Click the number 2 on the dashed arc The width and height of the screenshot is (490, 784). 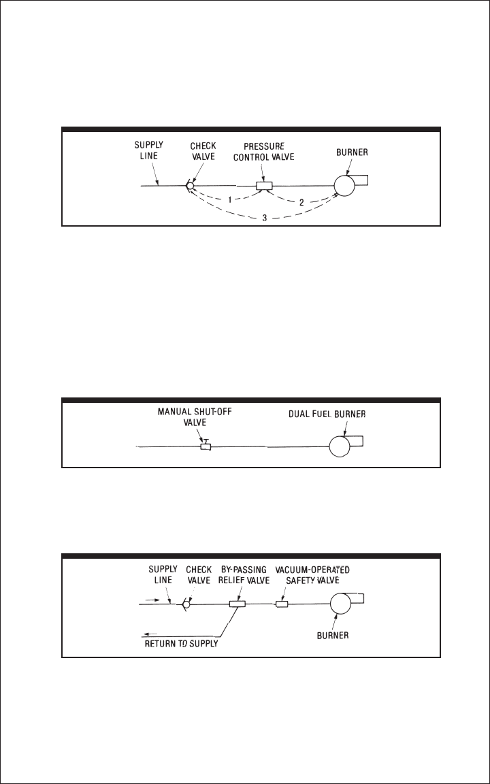click(x=301, y=202)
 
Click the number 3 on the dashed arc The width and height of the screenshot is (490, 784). click(x=265, y=217)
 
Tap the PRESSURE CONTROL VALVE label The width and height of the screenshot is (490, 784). click(x=263, y=152)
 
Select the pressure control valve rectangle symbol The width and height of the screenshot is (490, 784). click(x=263, y=186)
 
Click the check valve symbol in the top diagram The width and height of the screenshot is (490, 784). click(x=191, y=185)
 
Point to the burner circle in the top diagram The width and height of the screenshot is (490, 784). click(x=345, y=185)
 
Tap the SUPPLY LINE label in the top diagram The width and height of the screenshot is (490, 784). click(x=149, y=150)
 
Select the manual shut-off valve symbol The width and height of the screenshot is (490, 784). click(x=206, y=446)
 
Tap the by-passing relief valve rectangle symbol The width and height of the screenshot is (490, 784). click(x=238, y=603)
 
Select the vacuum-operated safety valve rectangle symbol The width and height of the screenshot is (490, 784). click(x=281, y=603)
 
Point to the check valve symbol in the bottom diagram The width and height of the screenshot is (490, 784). click(x=187, y=603)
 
